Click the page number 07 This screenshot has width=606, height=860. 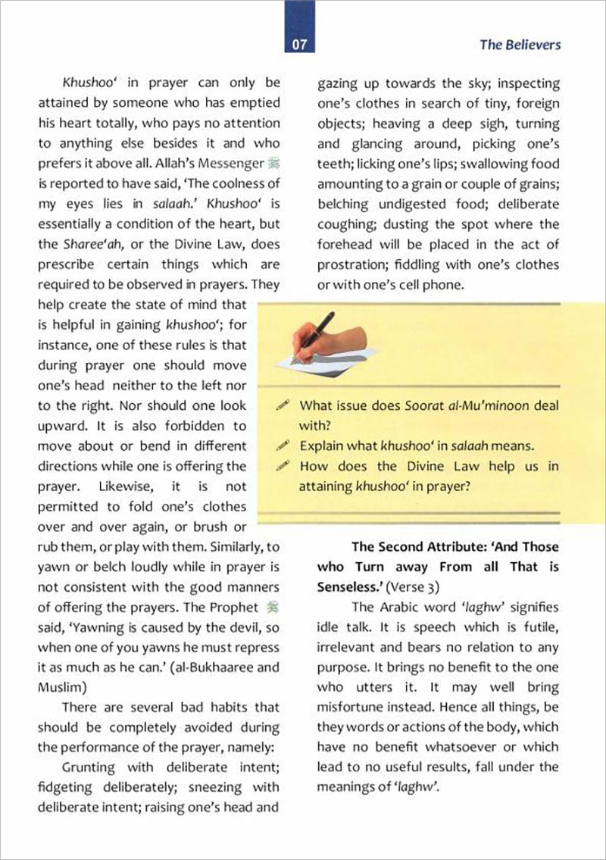pyautogui.click(x=299, y=45)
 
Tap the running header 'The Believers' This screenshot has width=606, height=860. pyautogui.click(x=520, y=45)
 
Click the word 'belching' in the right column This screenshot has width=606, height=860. pyautogui.click(x=344, y=204)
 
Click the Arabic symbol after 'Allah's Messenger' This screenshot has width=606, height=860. pyautogui.click(x=273, y=163)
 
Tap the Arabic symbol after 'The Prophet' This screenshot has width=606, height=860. pyautogui.click(x=273, y=607)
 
